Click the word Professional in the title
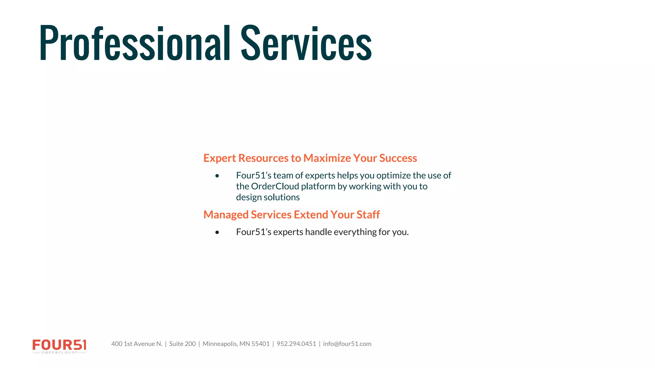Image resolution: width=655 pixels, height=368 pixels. pos(134,43)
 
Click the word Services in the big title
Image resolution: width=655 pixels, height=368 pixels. pos(306,43)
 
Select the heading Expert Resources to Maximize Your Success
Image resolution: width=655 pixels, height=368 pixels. pos(310,158)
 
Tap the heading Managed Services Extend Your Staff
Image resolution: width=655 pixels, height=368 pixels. pos(291,215)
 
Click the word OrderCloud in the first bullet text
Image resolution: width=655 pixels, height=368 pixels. pos(275,186)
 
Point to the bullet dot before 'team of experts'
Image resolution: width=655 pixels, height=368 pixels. pos(217,176)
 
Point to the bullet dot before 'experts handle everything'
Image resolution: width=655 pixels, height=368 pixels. pos(217,232)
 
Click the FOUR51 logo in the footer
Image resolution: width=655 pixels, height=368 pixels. pos(59,345)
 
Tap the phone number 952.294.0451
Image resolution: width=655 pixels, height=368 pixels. pos(296,344)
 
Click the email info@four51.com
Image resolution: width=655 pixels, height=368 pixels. pos(347,344)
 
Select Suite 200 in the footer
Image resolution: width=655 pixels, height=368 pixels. pos(182,344)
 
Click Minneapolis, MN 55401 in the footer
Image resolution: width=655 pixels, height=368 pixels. pos(236,344)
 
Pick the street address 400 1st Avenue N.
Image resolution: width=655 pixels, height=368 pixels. pos(137,344)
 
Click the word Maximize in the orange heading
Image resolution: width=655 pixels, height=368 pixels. pos(327,158)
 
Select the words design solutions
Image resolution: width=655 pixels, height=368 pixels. pos(268,197)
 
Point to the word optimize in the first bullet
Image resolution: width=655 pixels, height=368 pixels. pos(393,176)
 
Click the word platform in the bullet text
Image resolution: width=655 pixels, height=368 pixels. pos(318,186)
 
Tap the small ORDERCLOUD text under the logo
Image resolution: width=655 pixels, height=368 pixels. pos(59,353)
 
